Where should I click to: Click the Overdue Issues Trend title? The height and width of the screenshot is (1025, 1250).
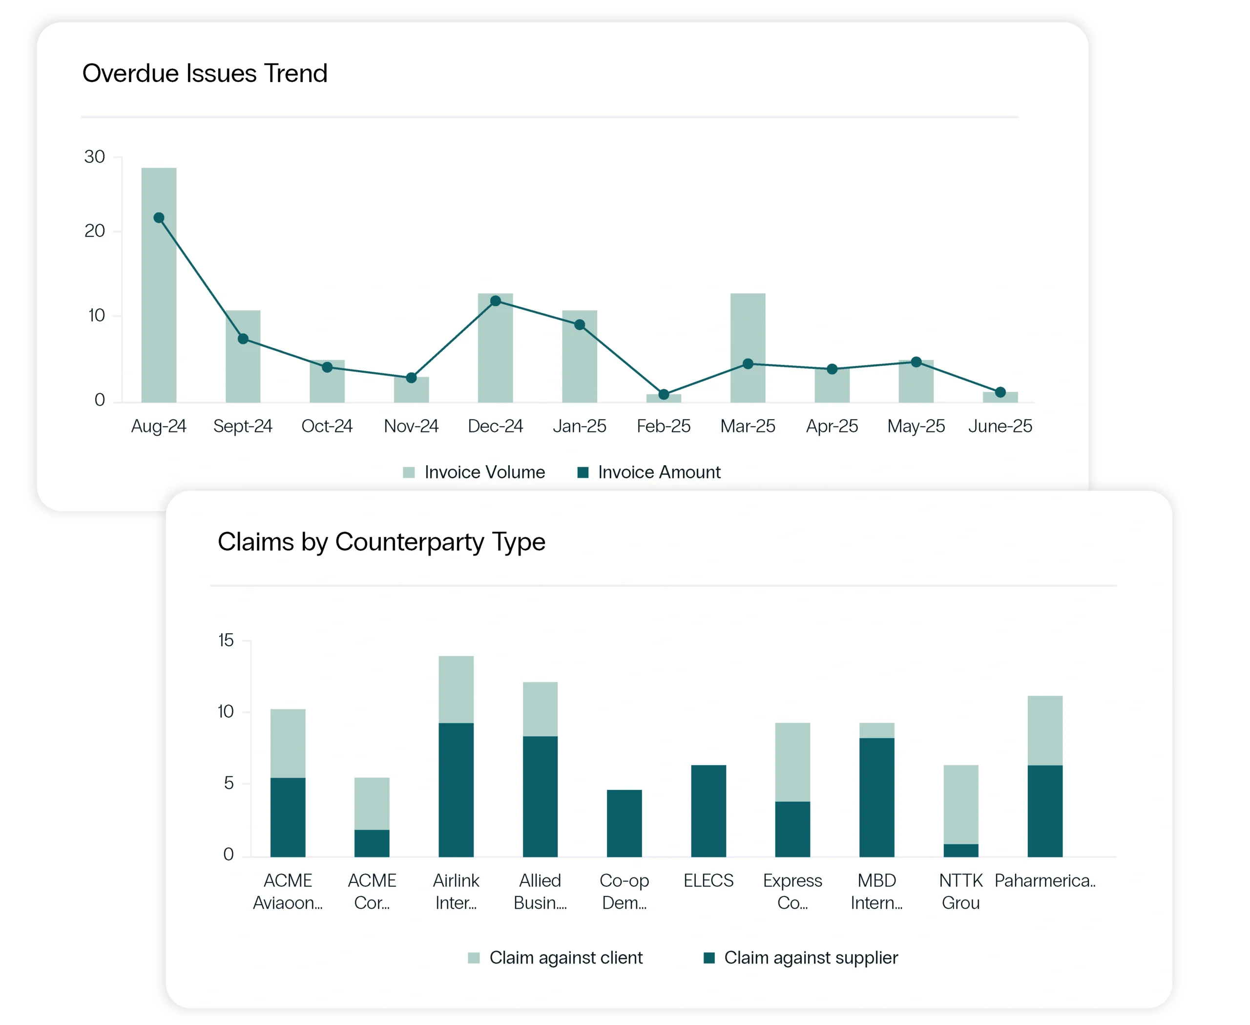coord(204,73)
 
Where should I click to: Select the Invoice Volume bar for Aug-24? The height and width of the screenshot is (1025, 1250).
coord(158,295)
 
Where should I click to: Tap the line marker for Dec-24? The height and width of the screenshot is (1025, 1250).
coord(496,301)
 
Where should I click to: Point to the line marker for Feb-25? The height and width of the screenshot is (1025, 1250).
coord(664,394)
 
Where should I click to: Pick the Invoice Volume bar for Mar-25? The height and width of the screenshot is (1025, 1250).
coord(748,331)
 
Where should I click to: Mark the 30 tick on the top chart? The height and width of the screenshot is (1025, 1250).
coord(94,157)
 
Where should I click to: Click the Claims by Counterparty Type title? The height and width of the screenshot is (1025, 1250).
coord(381,541)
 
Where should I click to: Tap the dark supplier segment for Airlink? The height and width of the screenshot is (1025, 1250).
coord(456,790)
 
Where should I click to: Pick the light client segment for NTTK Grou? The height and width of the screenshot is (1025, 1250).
coord(961,804)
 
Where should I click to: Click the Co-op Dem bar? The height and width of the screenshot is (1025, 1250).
coord(624,823)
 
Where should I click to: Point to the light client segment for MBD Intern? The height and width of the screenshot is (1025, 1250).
coord(876,730)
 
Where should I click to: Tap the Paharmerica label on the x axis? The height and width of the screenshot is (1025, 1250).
coord(1044,880)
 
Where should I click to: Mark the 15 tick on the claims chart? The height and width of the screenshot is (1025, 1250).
coord(226,641)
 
